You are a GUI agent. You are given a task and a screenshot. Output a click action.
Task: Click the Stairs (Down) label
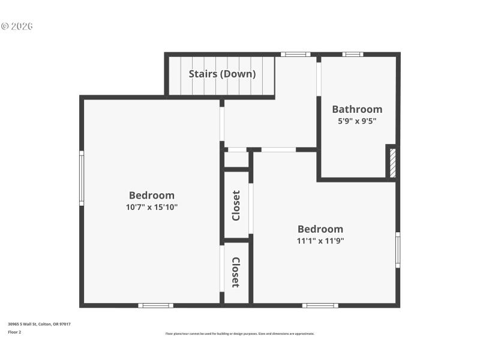(x=222, y=74)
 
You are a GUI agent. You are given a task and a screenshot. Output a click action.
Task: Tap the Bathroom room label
(x=357, y=109)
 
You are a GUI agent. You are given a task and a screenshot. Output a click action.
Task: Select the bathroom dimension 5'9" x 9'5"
(x=357, y=121)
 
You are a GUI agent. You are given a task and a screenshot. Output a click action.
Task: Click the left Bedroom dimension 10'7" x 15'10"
(x=152, y=207)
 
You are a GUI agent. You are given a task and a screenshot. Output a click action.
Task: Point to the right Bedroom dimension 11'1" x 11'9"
(x=320, y=241)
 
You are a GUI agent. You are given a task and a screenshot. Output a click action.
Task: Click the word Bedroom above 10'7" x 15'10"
(x=152, y=195)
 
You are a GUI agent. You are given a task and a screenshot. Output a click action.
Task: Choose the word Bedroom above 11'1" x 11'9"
(x=320, y=229)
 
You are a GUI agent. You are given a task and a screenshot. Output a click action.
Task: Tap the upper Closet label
(x=236, y=205)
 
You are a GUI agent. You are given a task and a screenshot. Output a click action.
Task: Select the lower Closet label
(x=236, y=272)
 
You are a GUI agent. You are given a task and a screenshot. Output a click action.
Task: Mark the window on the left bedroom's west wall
(x=82, y=178)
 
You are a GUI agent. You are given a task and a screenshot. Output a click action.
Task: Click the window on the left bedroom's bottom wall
(x=155, y=305)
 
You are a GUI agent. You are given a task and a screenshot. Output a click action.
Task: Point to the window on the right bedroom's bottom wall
(x=320, y=305)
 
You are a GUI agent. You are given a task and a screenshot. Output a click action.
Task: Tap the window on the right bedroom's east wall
(x=397, y=250)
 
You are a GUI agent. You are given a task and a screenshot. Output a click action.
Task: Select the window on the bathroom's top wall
(x=353, y=55)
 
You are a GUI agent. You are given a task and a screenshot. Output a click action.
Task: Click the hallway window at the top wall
(x=295, y=55)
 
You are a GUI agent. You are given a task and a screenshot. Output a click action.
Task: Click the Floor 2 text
(x=14, y=332)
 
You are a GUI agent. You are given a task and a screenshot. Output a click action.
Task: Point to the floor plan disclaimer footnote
(x=239, y=334)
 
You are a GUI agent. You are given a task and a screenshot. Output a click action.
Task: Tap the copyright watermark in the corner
(x=17, y=26)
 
